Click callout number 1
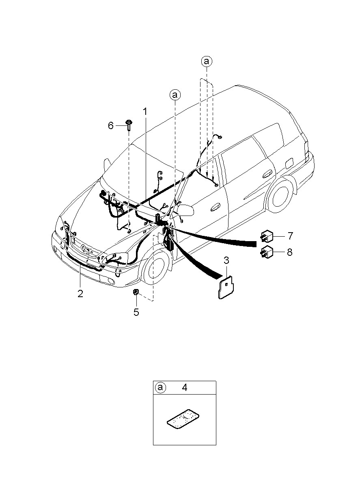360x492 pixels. pos(145,112)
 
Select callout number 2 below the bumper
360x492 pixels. pos(80,293)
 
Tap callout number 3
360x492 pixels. pos(226,261)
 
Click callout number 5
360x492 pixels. pos(136,312)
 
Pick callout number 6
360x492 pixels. pos(111,125)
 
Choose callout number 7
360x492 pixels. pos(290,236)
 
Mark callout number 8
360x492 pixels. pos(290,252)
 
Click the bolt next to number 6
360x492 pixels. pos(128,125)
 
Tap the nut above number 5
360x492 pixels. pos(136,292)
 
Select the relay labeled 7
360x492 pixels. pos(266,236)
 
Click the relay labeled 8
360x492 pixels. pos(266,252)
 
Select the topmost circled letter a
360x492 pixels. pos(207,62)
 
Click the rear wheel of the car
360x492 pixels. pos(280,197)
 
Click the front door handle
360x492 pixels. pos(215,207)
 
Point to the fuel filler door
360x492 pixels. pos(289,164)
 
